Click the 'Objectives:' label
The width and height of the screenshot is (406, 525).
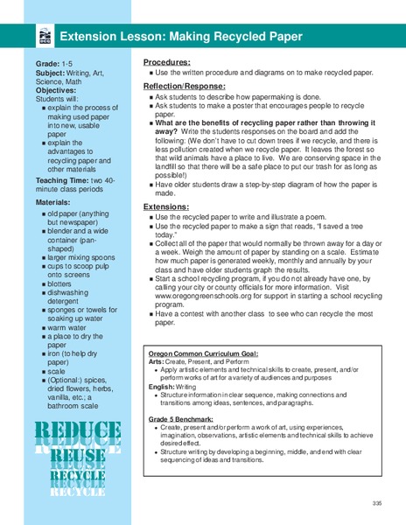click(x=56, y=90)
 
